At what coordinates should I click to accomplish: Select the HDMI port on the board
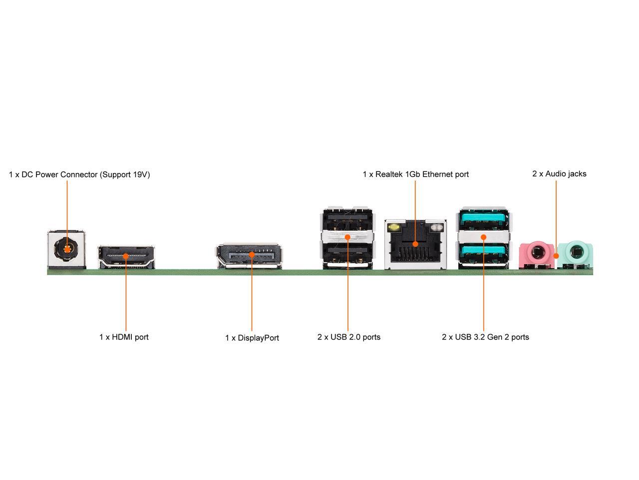click(126, 256)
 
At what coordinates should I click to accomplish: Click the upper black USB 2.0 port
click(347, 218)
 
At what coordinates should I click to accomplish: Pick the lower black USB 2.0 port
click(347, 253)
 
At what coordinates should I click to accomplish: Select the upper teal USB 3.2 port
click(483, 218)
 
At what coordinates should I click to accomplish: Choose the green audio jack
click(575, 252)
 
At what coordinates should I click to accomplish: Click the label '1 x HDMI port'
click(124, 337)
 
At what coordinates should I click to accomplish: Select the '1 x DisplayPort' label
click(252, 338)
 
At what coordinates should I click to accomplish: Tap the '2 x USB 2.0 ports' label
click(348, 337)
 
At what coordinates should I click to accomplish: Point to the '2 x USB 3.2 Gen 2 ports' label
click(485, 337)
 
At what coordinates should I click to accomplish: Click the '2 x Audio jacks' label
click(559, 173)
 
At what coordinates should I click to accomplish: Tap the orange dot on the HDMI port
click(126, 256)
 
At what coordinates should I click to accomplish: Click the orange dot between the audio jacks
click(557, 256)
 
